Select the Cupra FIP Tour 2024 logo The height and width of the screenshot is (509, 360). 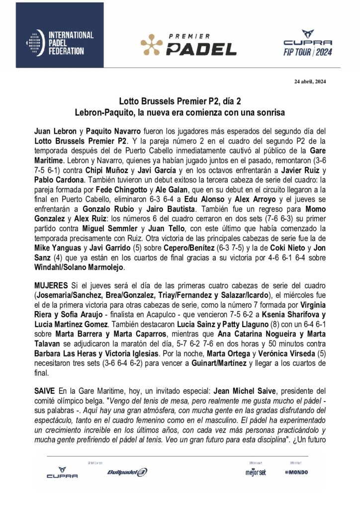tap(307, 43)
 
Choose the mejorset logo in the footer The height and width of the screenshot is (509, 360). tap(254, 472)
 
